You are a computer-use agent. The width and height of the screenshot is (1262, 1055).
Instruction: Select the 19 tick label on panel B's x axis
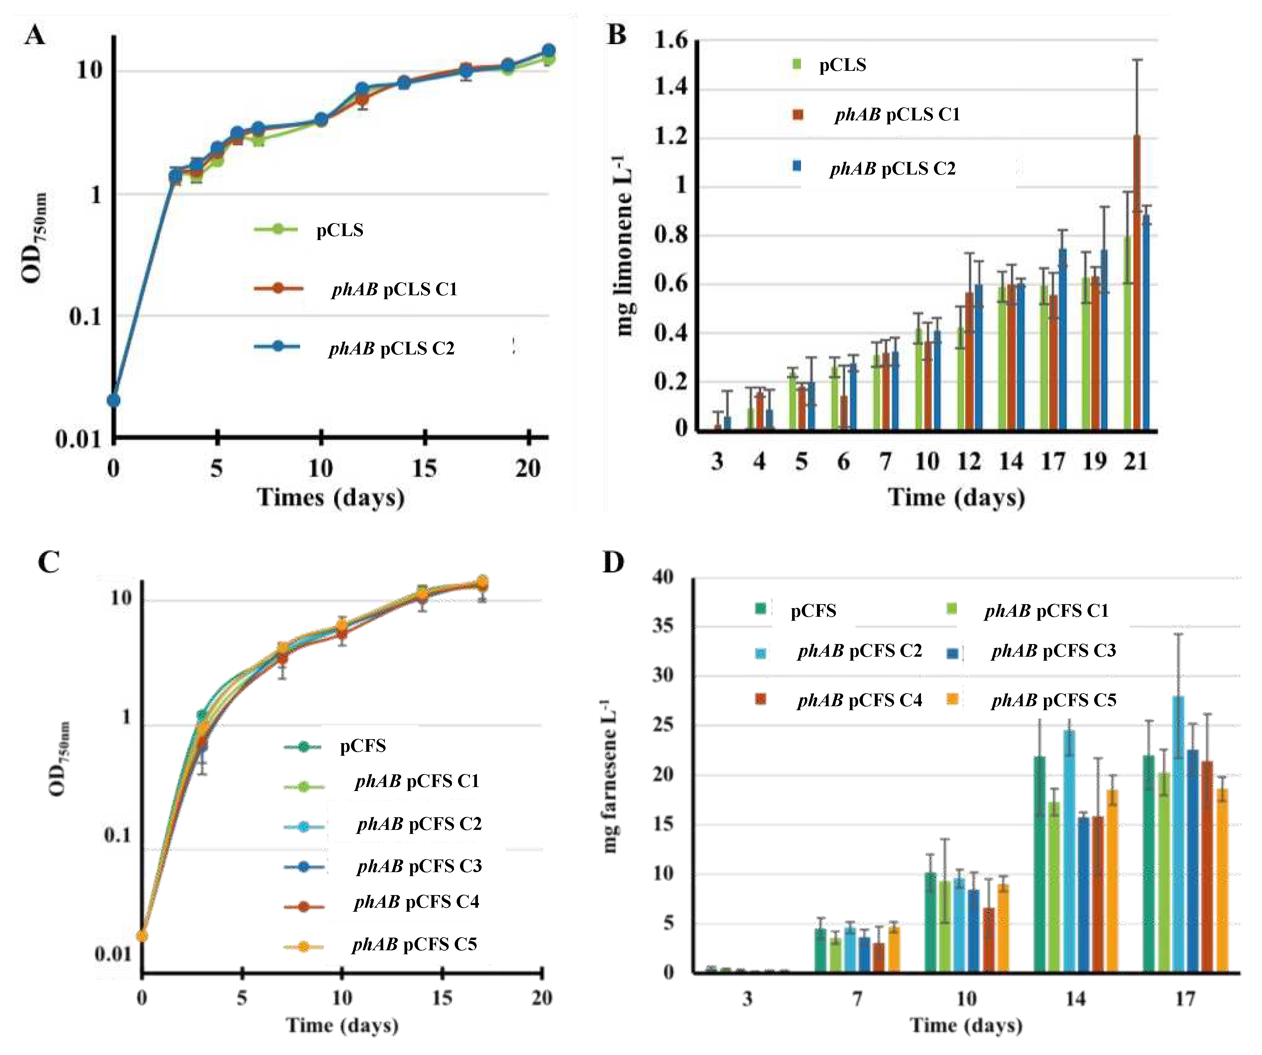click(1094, 462)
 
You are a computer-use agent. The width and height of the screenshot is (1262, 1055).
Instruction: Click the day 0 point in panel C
click(142, 936)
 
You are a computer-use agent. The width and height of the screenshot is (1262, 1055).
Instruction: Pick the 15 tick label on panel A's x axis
click(424, 468)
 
